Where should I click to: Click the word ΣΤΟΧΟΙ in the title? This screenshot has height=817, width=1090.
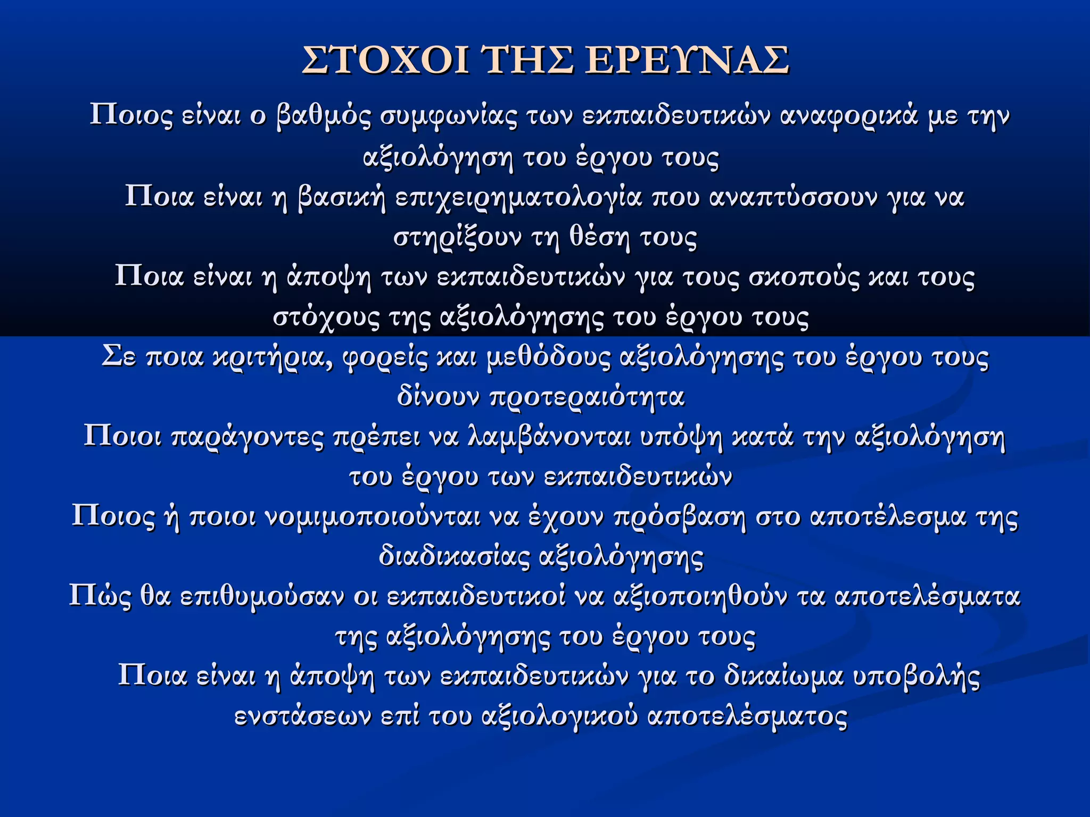386,60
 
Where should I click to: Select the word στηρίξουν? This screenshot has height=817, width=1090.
458,238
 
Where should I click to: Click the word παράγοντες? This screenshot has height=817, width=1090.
247,437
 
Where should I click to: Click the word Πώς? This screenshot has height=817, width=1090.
100,597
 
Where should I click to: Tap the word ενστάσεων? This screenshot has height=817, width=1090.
303,716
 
